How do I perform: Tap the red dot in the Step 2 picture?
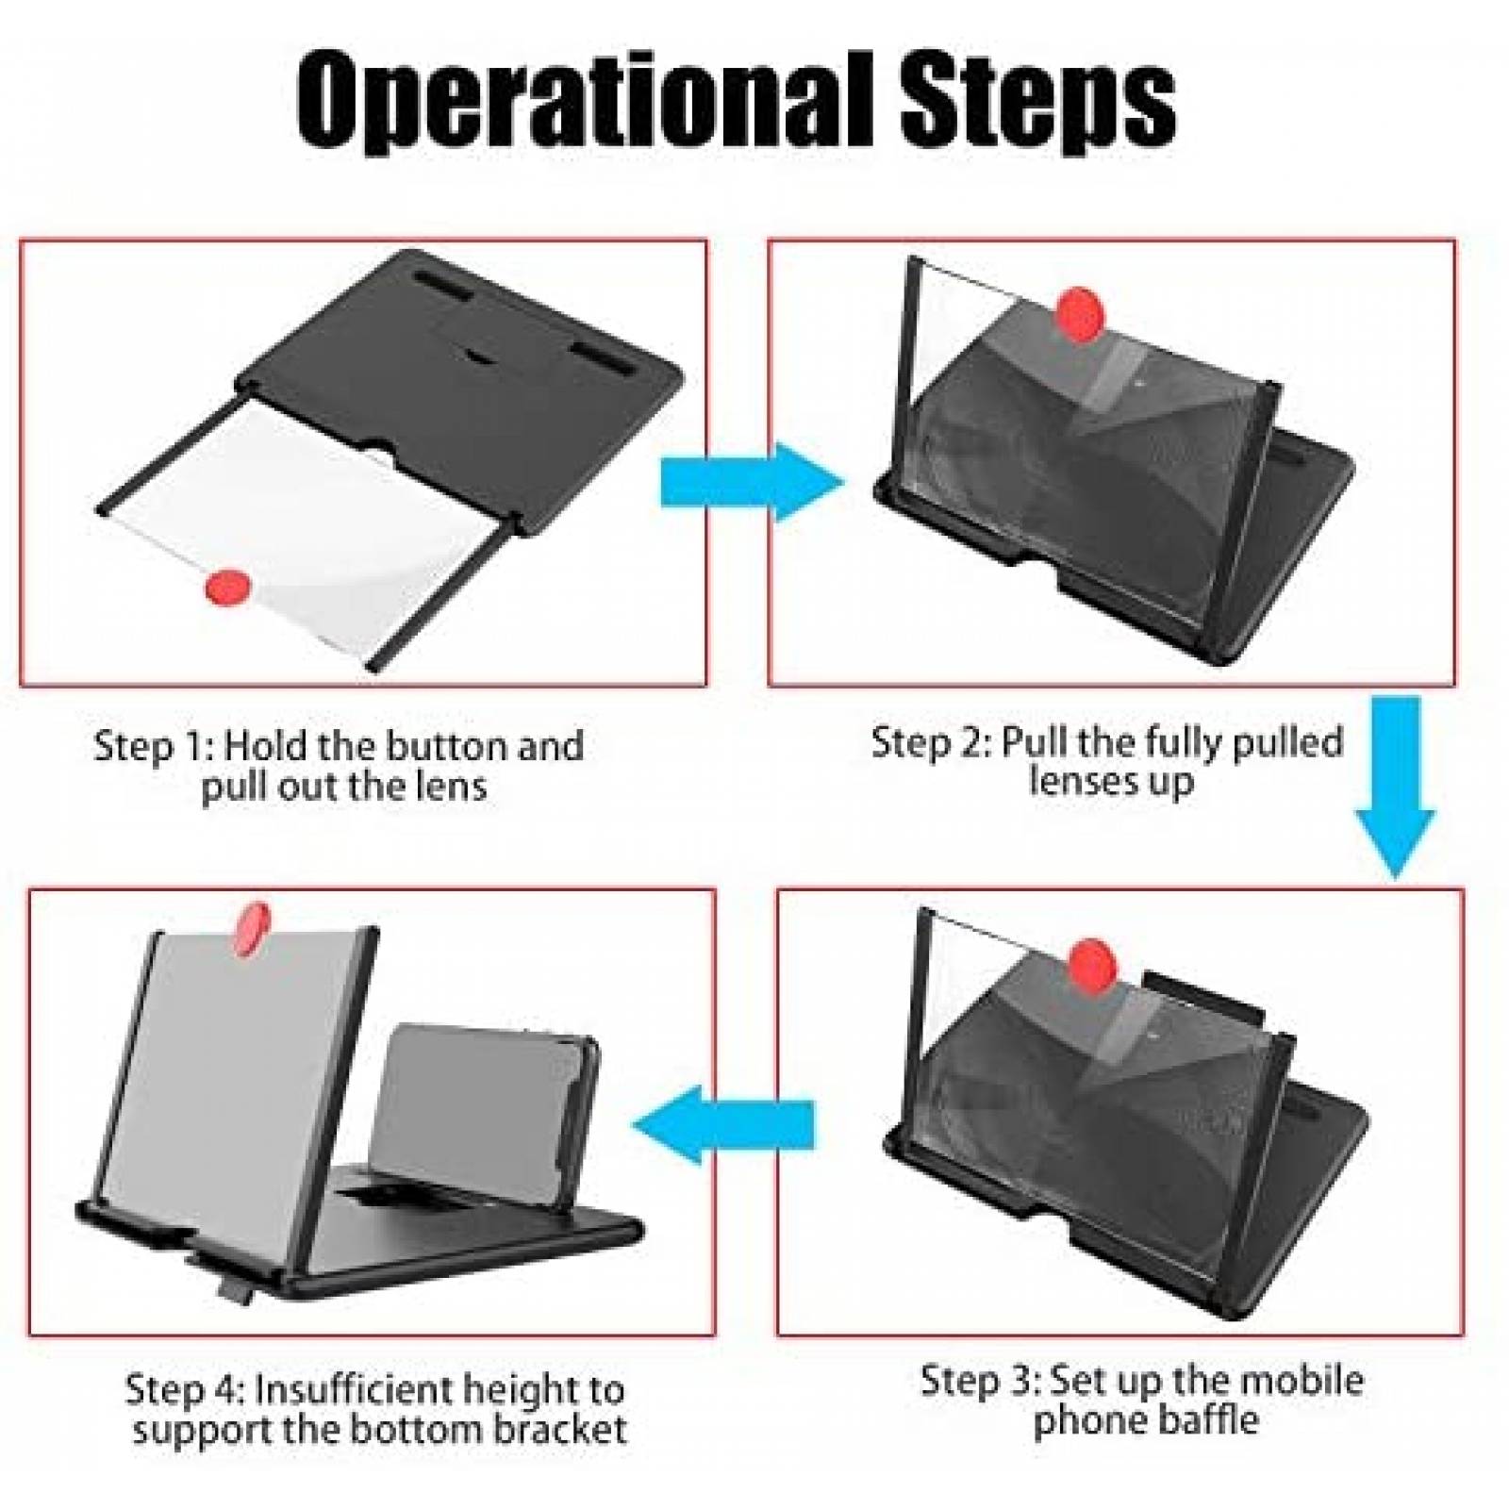[1079, 315]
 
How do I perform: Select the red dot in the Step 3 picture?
[1092, 966]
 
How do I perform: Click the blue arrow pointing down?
[1396, 787]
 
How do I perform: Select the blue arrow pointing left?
[723, 1124]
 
